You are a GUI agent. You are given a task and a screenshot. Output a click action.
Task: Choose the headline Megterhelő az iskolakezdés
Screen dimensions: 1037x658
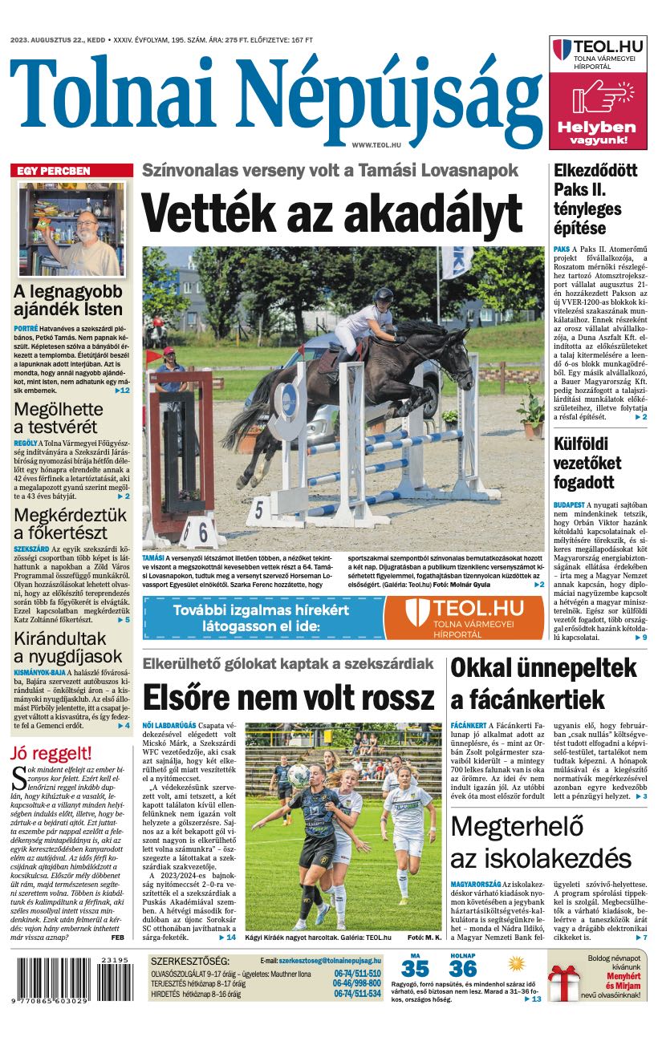click(541, 841)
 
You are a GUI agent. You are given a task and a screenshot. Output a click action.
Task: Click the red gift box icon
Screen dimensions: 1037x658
click(564, 983)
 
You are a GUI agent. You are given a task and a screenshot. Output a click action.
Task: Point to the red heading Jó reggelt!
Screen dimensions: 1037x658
click(51, 753)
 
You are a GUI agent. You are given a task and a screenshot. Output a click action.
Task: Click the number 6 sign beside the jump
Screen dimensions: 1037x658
click(203, 531)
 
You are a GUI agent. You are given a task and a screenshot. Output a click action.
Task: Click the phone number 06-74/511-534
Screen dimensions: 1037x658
click(357, 994)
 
